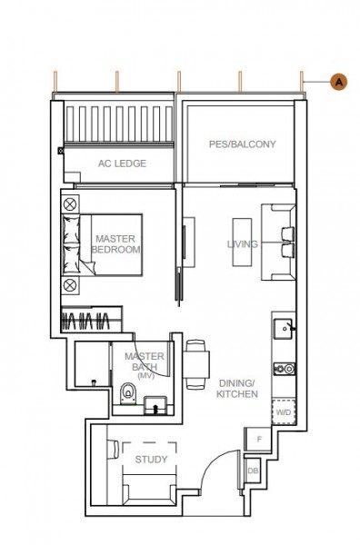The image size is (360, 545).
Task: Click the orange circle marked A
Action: tap(338, 82)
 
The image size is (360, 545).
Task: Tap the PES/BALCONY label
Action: tap(242, 144)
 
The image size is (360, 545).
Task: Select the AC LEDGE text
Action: tap(122, 163)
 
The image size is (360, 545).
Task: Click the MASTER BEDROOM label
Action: tap(115, 244)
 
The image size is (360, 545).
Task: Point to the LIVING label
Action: tap(243, 244)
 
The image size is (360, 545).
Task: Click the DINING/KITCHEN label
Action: tap(237, 389)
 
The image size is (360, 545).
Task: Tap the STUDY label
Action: tap(151, 460)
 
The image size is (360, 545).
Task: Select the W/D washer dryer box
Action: tap(284, 412)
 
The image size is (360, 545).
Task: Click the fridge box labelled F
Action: tap(258, 440)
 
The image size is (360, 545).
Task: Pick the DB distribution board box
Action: tap(253, 471)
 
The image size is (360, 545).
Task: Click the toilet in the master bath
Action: tap(128, 393)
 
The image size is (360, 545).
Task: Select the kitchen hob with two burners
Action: tap(285, 369)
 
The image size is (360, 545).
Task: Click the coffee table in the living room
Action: tap(242, 243)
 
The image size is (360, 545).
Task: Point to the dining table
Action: tap(196, 364)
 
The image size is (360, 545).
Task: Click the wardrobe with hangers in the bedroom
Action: tap(92, 319)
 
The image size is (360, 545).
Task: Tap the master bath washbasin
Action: tap(155, 405)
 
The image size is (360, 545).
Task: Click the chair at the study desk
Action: tap(113, 450)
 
